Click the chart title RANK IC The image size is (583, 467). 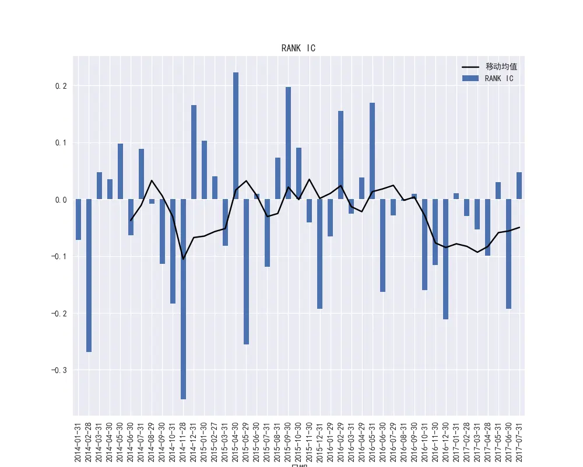[298, 48]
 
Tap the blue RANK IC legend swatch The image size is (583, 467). [470, 78]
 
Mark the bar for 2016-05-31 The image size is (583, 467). [372, 151]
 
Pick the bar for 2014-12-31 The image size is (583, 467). [194, 152]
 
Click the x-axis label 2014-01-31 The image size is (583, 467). [78, 438]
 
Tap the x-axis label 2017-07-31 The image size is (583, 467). [519, 438]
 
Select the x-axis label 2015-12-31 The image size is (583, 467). [319, 438]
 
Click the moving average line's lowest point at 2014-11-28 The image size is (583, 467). [183, 259]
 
